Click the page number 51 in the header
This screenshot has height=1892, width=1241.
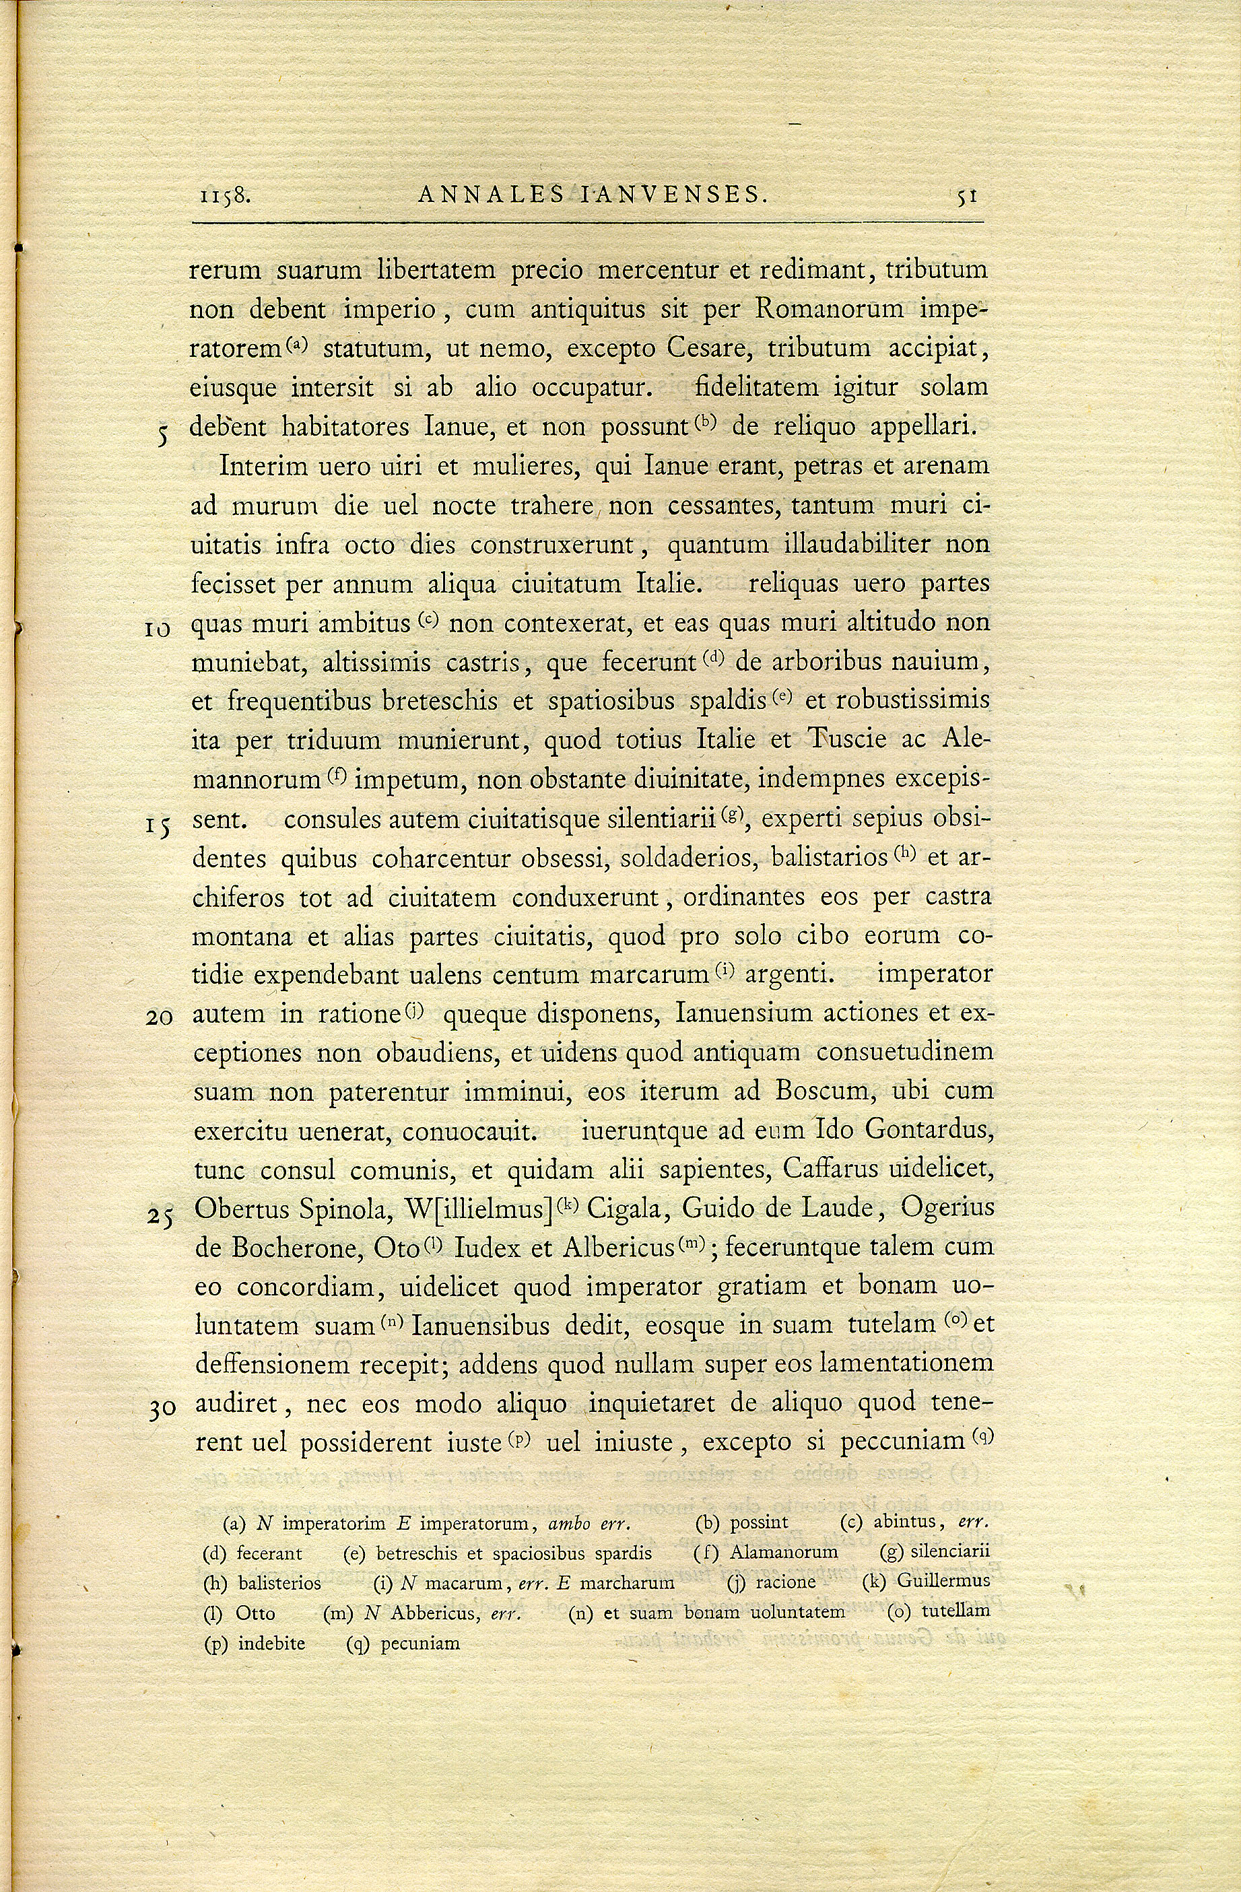click(968, 197)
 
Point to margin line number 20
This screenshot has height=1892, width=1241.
click(160, 1017)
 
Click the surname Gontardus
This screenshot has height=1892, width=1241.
click(923, 1130)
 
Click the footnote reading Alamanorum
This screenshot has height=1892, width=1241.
click(784, 1552)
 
